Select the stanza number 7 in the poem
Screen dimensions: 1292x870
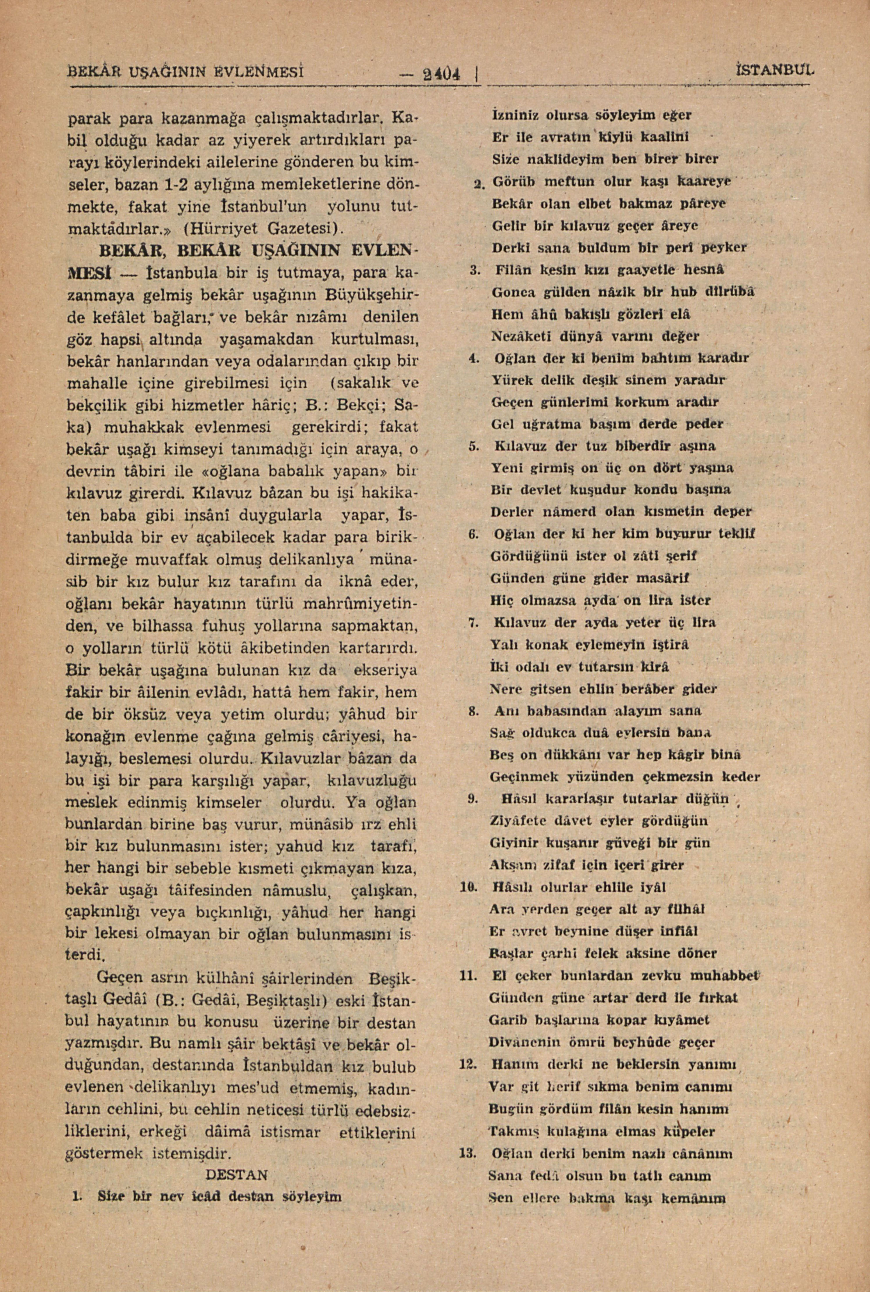473,622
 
